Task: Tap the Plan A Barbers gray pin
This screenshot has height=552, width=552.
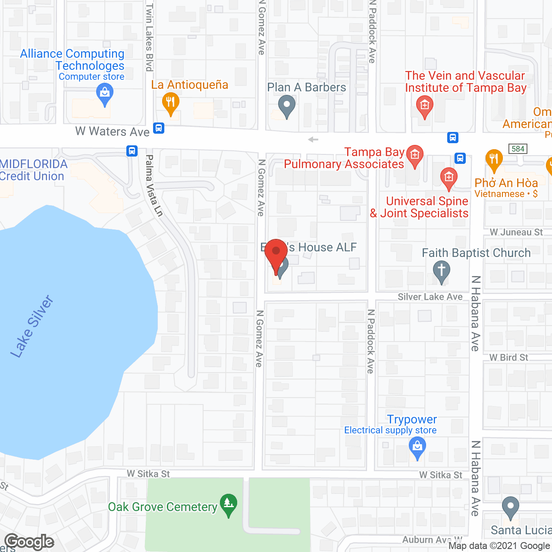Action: pyautogui.click(x=286, y=105)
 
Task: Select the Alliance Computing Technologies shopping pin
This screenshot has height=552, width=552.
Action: pyautogui.click(x=104, y=93)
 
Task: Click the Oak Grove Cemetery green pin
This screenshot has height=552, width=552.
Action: pyautogui.click(x=228, y=504)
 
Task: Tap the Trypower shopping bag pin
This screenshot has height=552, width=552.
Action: pyautogui.click(x=417, y=447)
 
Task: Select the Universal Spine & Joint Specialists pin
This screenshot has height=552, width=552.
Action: pyautogui.click(x=448, y=178)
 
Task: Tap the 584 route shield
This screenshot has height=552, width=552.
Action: pyautogui.click(x=518, y=149)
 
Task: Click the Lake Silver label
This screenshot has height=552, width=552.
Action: pyautogui.click(x=32, y=326)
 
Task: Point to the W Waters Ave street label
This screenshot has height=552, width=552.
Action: pyautogui.click(x=112, y=132)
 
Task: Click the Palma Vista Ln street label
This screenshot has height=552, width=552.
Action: pyautogui.click(x=154, y=186)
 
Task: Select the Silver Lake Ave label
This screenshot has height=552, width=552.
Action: pyautogui.click(x=430, y=297)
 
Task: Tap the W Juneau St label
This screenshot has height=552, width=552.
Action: pyautogui.click(x=516, y=232)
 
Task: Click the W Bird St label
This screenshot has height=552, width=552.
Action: pyautogui.click(x=508, y=358)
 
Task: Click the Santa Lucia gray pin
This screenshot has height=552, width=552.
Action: pyautogui.click(x=511, y=507)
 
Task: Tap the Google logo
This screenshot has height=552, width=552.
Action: pyautogui.click(x=29, y=542)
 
